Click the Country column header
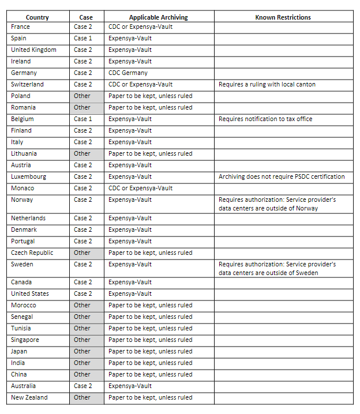pyautogui.click(x=37, y=17)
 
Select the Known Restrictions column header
pyautogui.click(x=283, y=17)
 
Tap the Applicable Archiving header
pyautogui.click(x=159, y=17)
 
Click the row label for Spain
pyautogui.click(x=19, y=38)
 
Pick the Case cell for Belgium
pyautogui.click(x=82, y=119)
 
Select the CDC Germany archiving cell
pyautogui.click(x=128, y=73)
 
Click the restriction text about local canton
pyautogui.click(x=267, y=84)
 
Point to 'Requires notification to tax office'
pyautogui.click(x=264, y=119)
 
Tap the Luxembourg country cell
pyautogui.click(x=28, y=176)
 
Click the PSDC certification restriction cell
pyautogui.click(x=282, y=176)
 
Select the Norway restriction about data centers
pyautogui.click(x=277, y=204)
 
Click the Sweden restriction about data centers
pyautogui.click(x=277, y=268)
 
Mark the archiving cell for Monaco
pyautogui.click(x=141, y=188)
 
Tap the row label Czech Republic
pyautogui.click(x=32, y=253)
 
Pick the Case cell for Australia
pyautogui.click(x=82, y=386)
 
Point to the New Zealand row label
pyautogui.click(x=29, y=397)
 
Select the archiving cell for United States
pyautogui.click(x=130, y=293)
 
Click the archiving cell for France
pyautogui.click(x=141, y=27)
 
